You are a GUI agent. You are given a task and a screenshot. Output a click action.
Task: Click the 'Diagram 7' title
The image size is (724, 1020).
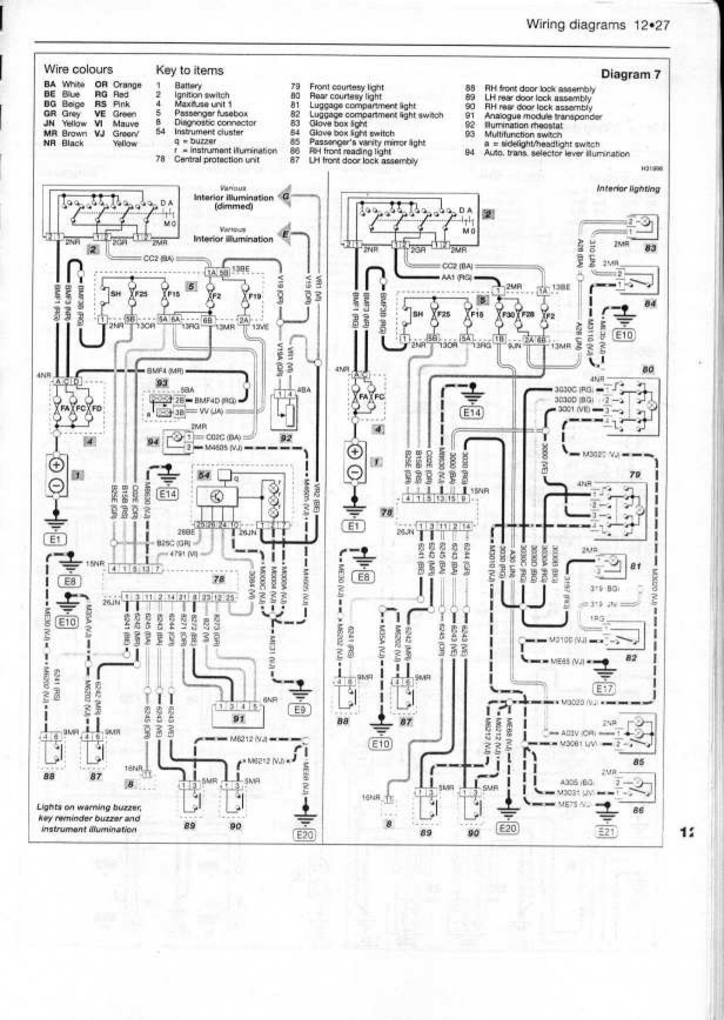(631, 74)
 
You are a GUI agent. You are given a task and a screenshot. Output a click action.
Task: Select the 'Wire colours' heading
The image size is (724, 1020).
(78, 69)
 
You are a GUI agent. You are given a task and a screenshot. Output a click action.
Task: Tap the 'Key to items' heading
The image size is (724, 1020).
(189, 71)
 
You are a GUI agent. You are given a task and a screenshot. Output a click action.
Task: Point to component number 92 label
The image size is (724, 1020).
(285, 438)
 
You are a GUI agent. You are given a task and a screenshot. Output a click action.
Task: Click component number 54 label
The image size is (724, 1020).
(204, 476)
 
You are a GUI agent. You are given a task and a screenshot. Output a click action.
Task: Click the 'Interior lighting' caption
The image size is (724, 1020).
(628, 189)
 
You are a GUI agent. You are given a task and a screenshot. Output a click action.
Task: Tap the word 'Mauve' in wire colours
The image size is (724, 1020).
(126, 124)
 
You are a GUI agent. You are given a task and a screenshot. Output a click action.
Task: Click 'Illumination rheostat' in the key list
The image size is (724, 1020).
(523, 126)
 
